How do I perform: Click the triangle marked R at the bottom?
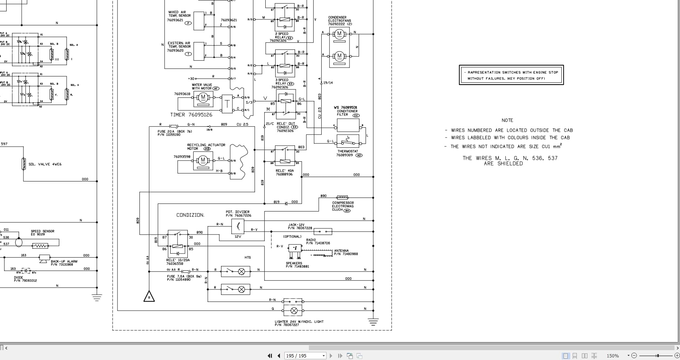149,297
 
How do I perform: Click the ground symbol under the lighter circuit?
373,322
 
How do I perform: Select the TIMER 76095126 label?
191,115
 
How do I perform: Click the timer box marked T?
227,104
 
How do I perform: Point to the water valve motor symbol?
202,98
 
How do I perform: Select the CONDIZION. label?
190,215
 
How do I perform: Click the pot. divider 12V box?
238,227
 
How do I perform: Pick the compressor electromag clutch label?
343,206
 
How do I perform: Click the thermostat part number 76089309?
344,155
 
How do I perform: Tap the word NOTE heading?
507,120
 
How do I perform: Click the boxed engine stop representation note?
511,75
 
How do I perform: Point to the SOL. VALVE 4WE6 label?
45,164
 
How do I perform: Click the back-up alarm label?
64,262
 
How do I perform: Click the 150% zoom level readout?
613,356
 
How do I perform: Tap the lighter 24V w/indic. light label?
299,322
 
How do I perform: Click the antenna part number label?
346,254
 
